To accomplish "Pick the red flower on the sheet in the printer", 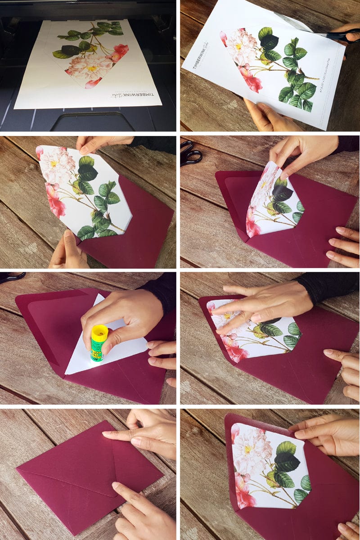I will (120, 52).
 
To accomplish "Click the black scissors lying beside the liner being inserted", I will (191, 153).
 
